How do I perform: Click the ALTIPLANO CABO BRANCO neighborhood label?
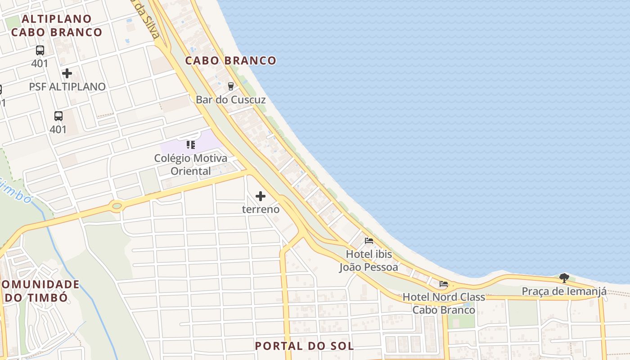(x=57, y=26)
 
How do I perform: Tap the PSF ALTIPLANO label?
(x=67, y=86)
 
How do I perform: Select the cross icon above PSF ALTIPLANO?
(x=67, y=73)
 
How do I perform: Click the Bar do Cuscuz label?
(x=230, y=99)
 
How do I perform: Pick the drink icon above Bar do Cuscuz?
(x=231, y=85)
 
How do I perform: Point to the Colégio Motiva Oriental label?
(x=191, y=165)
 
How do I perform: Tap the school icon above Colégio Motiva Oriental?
(x=191, y=145)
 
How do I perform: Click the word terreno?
(x=261, y=209)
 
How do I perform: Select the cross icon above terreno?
(x=261, y=196)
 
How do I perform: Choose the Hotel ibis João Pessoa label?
(x=369, y=261)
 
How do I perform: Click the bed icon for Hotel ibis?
(x=369, y=241)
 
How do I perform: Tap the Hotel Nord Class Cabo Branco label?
(x=444, y=303)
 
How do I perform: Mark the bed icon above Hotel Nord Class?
(x=444, y=284)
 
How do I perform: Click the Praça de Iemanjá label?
(x=564, y=291)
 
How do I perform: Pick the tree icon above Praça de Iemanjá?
(x=564, y=278)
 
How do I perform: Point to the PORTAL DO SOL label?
(x=304, y=346)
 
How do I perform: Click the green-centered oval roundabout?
(x=117, y=206)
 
